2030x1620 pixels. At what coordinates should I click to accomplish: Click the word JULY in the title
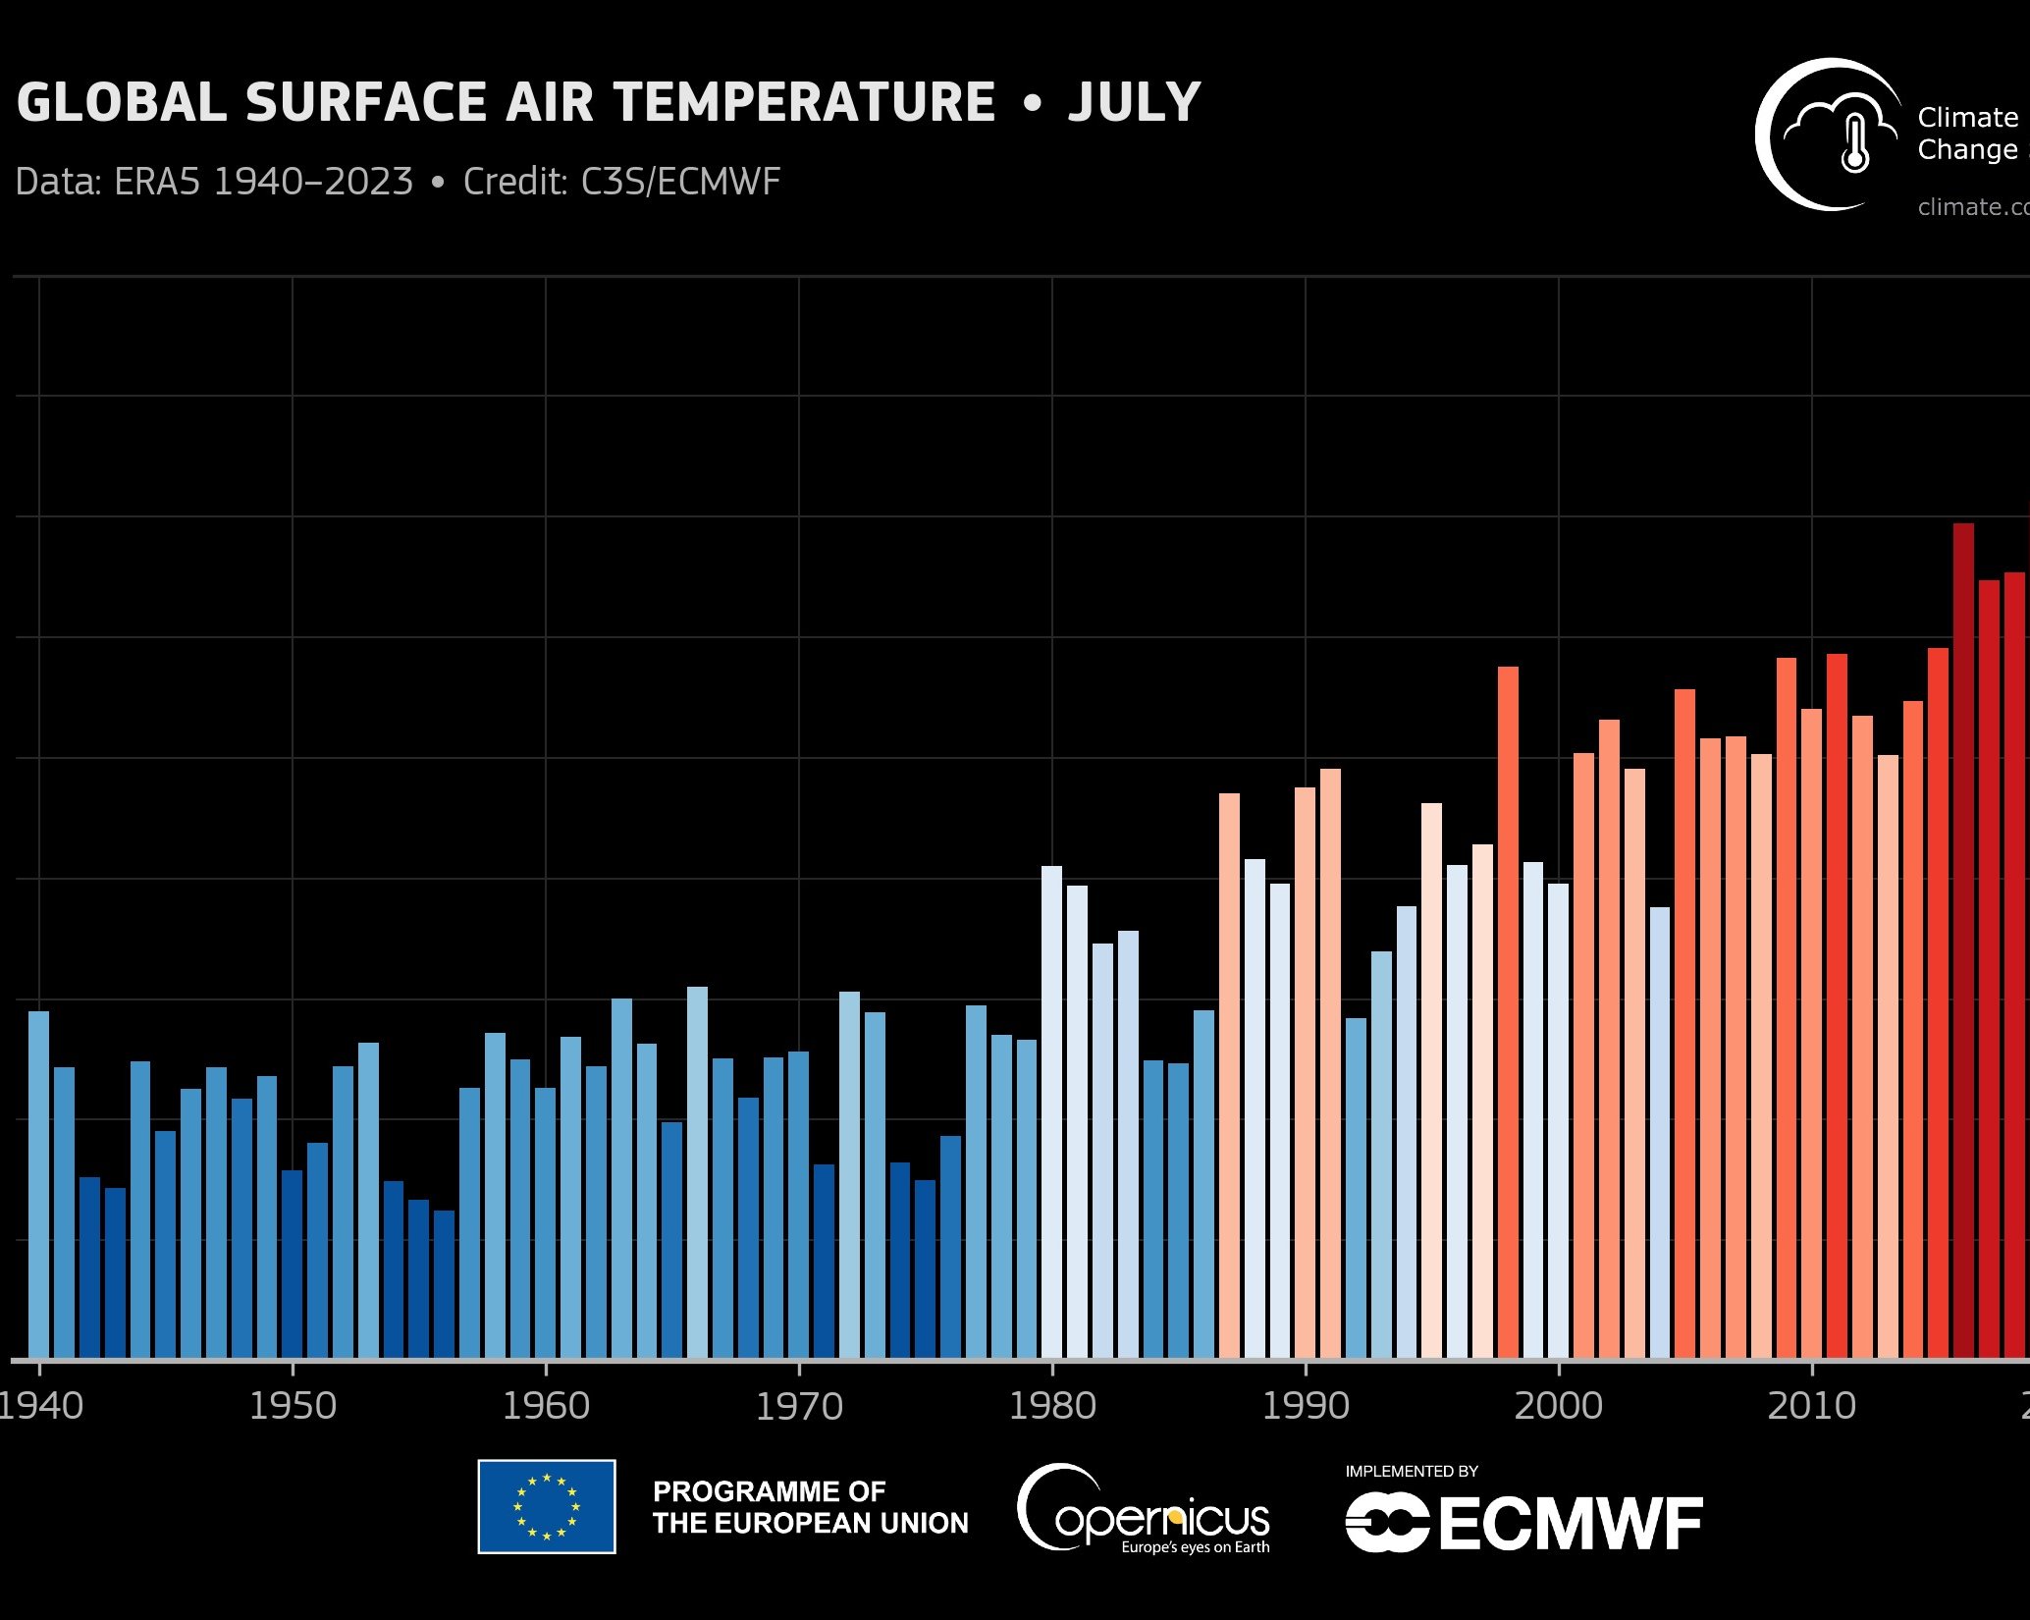(x=1134, y=102)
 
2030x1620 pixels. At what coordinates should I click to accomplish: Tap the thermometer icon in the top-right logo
(x=1854, y=142)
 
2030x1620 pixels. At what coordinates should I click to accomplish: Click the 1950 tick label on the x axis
(x=293, y=1406)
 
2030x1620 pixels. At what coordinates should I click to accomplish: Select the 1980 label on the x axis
(x=1052, y=1406)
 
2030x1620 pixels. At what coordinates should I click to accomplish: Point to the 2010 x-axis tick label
(x=1811, y=1406)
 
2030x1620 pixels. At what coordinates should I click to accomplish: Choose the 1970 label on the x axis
(x=799, y=1406)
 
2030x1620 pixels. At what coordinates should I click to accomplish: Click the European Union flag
(x=547, y=1506)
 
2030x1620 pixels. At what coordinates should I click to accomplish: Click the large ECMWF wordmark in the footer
(x=1571, y=1525)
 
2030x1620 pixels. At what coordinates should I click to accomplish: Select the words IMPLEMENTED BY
(x=1411, y=1471)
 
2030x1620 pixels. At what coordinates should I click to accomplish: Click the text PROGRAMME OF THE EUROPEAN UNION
(x=810, y=1507)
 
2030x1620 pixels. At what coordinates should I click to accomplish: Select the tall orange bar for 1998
(x=1508, y=1012)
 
